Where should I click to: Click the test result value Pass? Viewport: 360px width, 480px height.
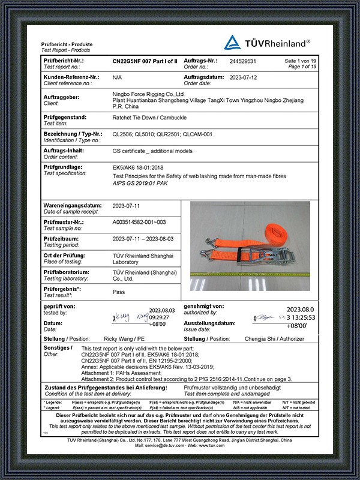click(x=119, y=292)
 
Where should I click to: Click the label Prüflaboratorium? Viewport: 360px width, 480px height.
click(x=65, y=272)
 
